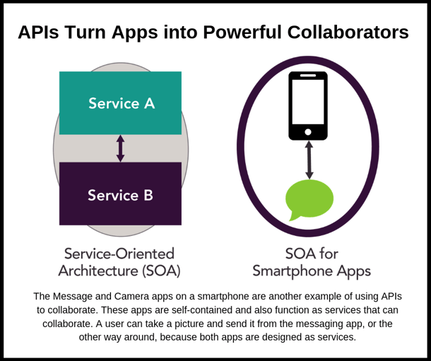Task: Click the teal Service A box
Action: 120,103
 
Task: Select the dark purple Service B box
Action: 120,194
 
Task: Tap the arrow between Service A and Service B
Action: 120,148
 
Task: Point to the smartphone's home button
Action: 308,132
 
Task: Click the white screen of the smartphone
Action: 308,102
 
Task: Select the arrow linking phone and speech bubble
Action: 309,160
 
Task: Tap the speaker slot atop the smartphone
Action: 308,76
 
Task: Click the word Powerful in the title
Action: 244,32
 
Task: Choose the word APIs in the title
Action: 38,32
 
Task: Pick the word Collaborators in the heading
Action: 348,32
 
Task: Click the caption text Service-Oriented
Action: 119,254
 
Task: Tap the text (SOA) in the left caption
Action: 161,271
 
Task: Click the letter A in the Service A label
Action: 149,104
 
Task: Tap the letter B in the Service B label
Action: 148,195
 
